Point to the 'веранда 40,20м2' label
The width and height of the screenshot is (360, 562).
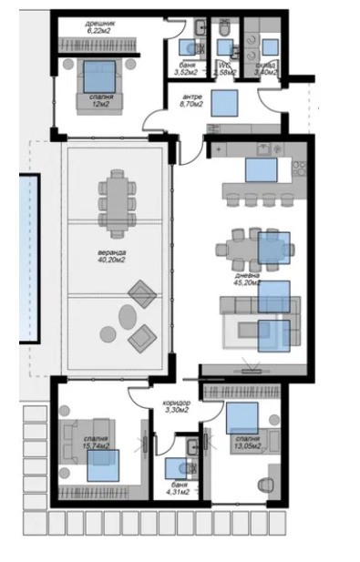pos(113,257)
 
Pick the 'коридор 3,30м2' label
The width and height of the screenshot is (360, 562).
pos(177,406)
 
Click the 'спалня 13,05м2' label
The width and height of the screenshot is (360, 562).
pos(246,443)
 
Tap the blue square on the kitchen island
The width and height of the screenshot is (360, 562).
pos(261,170)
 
